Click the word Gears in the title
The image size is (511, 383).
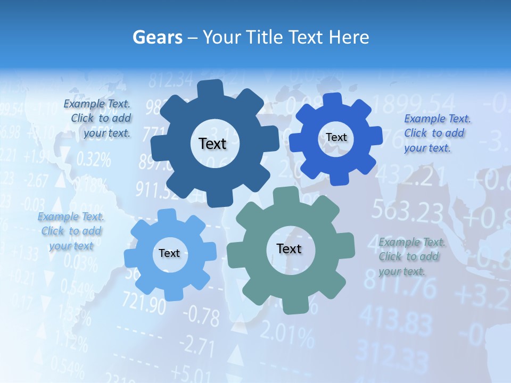point(158,37)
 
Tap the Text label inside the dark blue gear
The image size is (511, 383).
point(212,144)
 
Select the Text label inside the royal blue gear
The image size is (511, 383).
point(336,137)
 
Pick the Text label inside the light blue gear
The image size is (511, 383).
point(169,253)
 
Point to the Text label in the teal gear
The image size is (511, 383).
point(289,248)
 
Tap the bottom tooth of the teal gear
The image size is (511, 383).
point(292,305)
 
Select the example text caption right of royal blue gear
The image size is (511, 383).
point(437,133)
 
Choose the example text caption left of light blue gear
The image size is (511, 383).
point(71,231)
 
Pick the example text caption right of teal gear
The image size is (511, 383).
point(411,256)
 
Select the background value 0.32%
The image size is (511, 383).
point(93,159)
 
